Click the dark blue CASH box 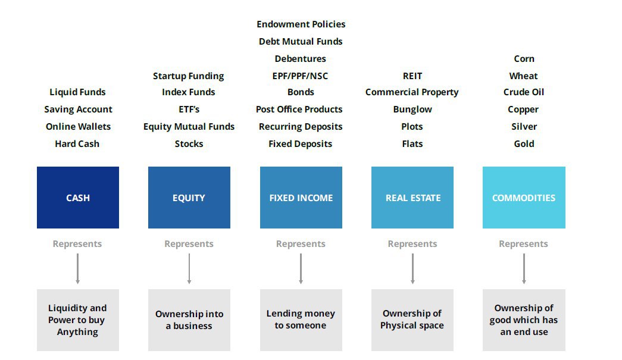coord(78,198)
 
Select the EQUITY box coord(189,198)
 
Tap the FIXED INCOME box coord(301,198)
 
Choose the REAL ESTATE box coord(412,198)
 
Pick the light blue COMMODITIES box coord(524,198)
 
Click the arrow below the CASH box coord(78,269)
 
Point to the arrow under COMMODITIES coord(524,269)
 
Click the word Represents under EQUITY coord(189,244)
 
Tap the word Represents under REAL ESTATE coord(412,244)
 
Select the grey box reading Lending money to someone coord(301,320)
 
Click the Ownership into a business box coord(189,320)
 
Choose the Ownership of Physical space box coord(412,320)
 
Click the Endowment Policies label coord(301,24)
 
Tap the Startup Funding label coord(189,76)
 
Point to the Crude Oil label coord(524,92)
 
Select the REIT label coord(412,76)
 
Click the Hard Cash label coord(77,144)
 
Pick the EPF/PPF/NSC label coord(301,76)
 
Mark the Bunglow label coord(412,109)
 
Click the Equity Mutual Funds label coord(189,127)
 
